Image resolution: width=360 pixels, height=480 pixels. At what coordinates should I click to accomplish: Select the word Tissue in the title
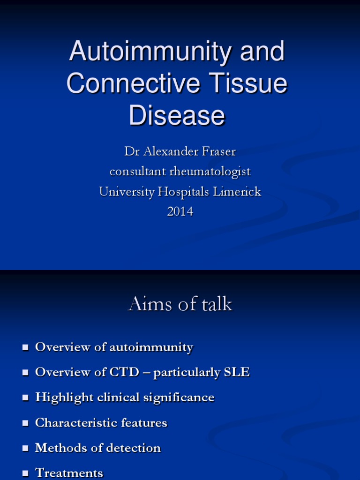click(x=248, y=83)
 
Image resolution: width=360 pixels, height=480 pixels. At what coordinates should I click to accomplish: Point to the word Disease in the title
click(x=177, y=115)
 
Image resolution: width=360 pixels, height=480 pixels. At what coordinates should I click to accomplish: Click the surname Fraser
click(x=215, y=151)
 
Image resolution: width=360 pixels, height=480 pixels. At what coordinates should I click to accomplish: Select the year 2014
click(x=180, y=212)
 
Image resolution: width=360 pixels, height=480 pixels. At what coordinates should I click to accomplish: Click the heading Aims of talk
click(x=180, y=304)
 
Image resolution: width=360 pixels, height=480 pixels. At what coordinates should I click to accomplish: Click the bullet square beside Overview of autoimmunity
click(x=25, y=348)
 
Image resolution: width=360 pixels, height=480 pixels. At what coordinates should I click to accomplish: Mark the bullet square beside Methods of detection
click(x=25, y=449)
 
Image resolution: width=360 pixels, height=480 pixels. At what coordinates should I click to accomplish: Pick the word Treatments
click(x=69, y=473)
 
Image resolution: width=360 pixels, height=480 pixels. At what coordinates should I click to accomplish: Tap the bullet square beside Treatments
click(x=25, y=474)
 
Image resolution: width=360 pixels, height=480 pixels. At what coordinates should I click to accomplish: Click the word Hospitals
click(x=176, y=192)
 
